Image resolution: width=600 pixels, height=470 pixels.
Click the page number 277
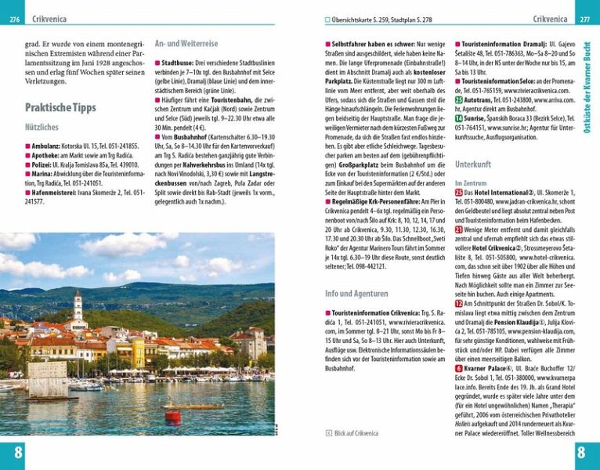(584, 19)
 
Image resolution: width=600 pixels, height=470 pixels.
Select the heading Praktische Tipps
(60, 107)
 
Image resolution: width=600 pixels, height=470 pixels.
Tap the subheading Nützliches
(42, 126)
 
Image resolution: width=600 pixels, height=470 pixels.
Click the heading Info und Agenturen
(356, 294)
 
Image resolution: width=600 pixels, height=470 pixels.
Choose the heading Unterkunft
(473, 165)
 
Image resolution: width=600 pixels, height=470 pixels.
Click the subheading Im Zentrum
(470, 183)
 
